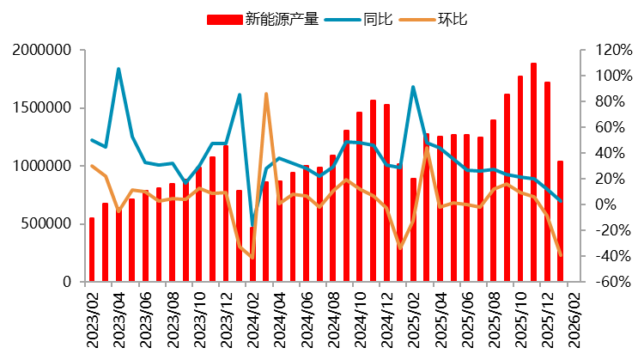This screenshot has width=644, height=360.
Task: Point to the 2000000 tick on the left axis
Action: (x=41, y=51)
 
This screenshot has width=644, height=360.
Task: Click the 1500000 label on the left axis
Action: (x=41, y=108)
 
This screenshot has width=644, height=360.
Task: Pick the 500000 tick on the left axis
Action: (x=46, y=224)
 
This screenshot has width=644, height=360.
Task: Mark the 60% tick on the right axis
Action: (x=599, y=127)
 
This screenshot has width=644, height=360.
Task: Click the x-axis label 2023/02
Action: (x=92, y=316)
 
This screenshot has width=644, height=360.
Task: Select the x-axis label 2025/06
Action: (x=466, y=316)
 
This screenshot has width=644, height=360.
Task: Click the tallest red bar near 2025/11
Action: (x=533, y=172)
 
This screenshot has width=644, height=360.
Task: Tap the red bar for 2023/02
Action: (x=92, y=249)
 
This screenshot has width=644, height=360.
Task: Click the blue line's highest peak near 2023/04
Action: (x=118, y=69)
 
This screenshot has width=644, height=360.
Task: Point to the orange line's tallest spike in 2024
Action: (x=266, y=94)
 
